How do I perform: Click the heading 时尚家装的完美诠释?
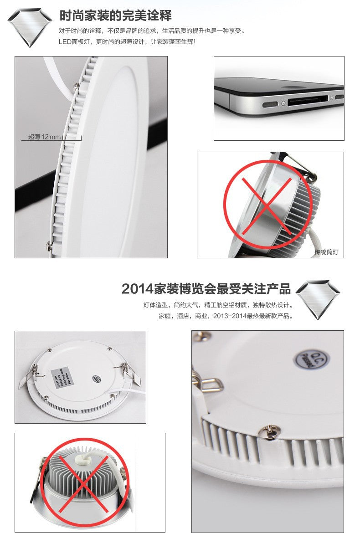(x=116, y=15)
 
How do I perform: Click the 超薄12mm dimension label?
(x=44, y=137)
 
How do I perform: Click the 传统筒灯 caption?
(x=326, y=252)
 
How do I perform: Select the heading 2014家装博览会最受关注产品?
(x=206, y=289)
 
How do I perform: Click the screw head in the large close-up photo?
(x=267, y=430)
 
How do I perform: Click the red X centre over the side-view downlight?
(x=267, y=204)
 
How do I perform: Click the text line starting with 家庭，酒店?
(x=225, y=316)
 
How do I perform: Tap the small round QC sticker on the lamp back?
(x=97, y=379)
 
